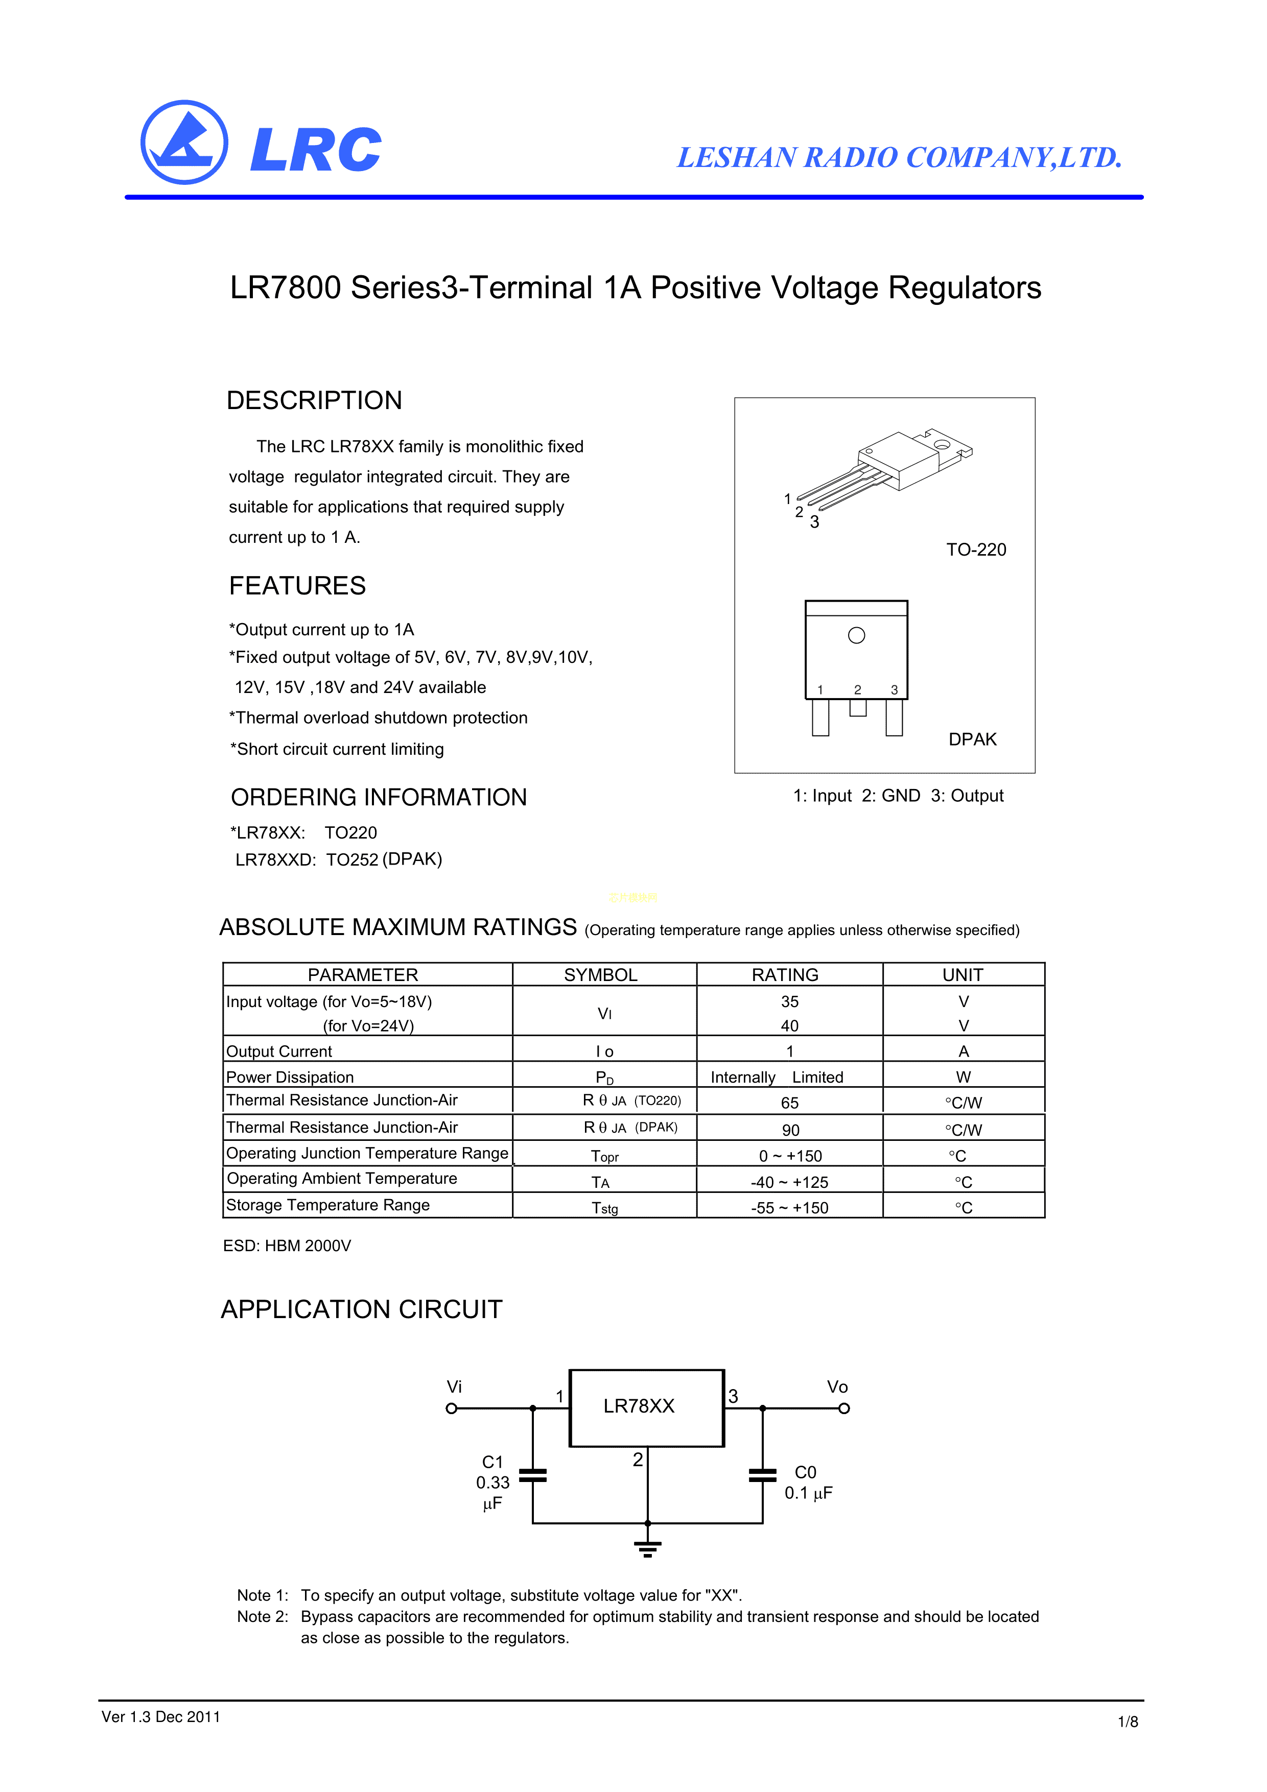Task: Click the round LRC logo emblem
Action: click(x=184, y=143)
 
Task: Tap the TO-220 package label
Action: click(x=976, y=549)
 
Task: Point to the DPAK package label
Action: click(x=972, y=739)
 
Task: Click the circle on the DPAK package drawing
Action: click(x=856, y=635)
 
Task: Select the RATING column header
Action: click(x=785, y=975)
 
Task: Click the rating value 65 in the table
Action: click(x=789, y=1103)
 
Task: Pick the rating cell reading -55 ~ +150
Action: click(x=789, y=1207)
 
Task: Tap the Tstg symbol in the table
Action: click(x=604, y=1208)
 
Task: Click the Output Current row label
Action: click(x=279, y=1052)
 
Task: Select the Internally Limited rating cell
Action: click(x=777, y=1077)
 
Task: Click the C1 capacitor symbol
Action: click(x=532, y=1475)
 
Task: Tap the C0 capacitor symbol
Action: click(x=762, y=1475)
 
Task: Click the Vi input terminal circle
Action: click(x=451, y=1409)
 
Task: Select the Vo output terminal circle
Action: click(x=844, y=1409)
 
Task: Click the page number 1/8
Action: click(x=1127, y=1722)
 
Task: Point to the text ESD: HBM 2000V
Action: click(x=287, y=1246)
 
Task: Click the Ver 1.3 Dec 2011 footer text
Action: click(x=161, y=1717)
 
